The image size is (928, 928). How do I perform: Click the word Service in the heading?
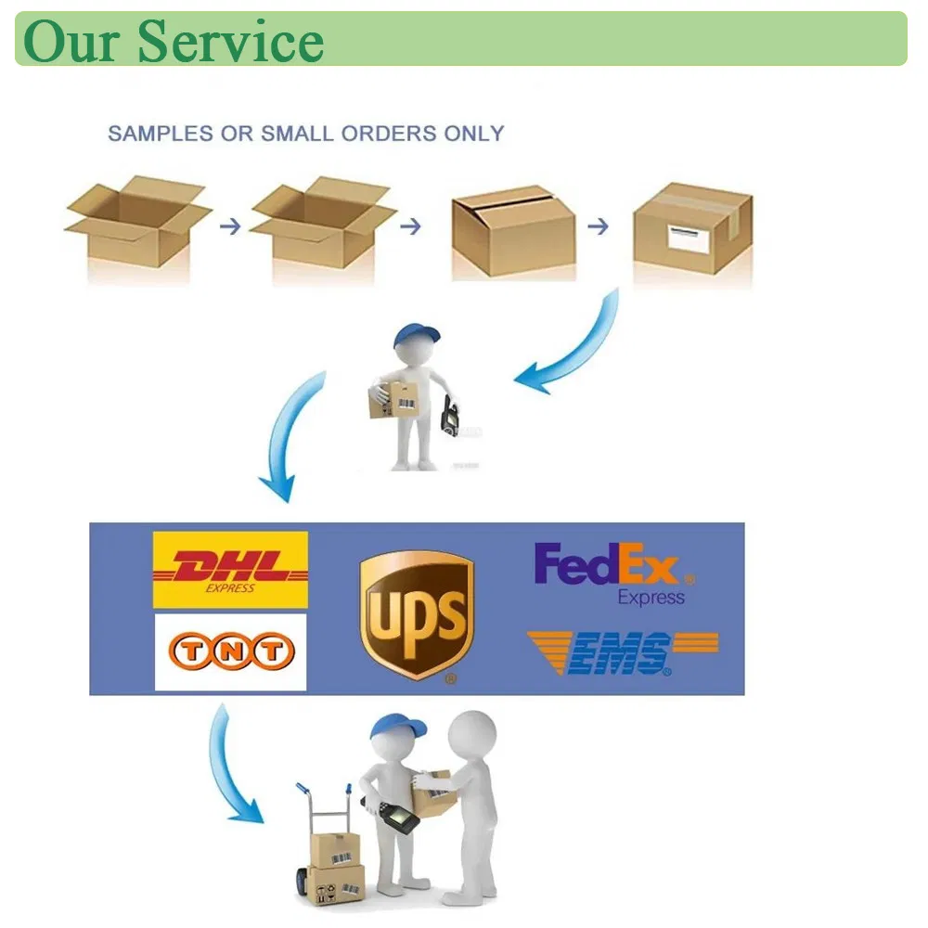(x=231, y=41)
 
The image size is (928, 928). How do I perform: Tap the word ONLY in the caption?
(x=473, y=134)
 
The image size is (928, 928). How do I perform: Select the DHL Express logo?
(x=230, y=570)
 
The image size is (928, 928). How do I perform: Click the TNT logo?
(x=230, y=653)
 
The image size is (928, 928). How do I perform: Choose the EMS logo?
(x=622, y=652)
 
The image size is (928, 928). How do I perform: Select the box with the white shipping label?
(x=692, y=227)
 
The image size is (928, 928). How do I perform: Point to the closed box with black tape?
(x=512, y=231)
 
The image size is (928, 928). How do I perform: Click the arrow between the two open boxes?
(x=228, y=226)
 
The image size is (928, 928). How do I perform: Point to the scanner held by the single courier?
(x=452, y=415)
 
